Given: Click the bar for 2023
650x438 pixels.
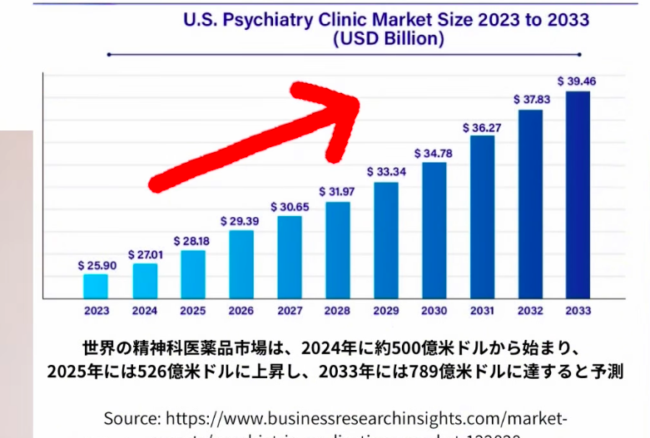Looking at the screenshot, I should pos(96,285).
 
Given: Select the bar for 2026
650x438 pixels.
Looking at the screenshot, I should pos(241,263).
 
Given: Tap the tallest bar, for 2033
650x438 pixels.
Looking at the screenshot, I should pos(578,194).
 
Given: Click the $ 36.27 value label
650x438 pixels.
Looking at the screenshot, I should pos(482,127).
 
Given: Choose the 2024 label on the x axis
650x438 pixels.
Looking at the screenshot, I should pos(144,311).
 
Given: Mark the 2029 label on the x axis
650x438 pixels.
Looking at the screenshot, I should pos(385,311).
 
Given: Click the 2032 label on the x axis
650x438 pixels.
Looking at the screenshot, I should pos(530,311).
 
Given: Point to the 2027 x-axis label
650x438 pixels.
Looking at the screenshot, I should pos(289,311).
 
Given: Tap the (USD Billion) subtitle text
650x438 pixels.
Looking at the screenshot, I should pos(387,38).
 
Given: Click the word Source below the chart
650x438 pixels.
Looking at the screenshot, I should pos(131,418).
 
